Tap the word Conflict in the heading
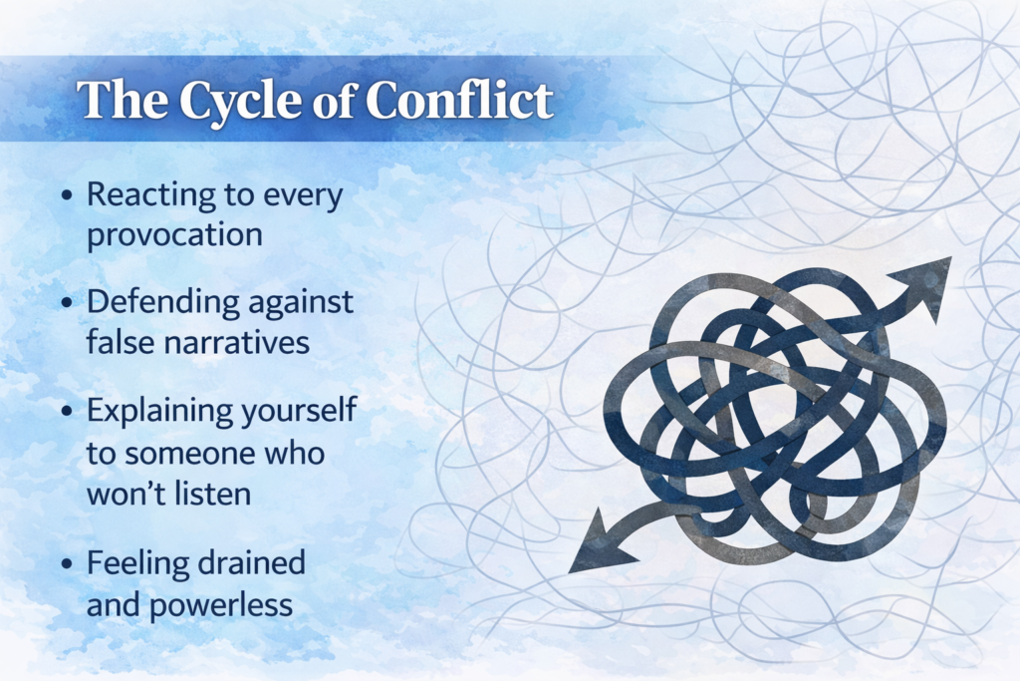coord(459,100)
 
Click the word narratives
coord(237,343)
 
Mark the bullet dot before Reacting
coord(67,195)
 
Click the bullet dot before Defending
coord(67,303)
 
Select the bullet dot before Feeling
coord(67,563)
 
